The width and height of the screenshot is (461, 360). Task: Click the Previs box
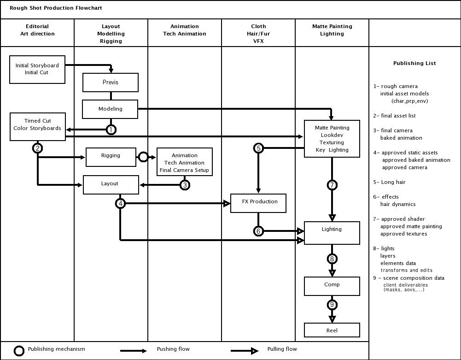pyautogui.click(x=111, y=83)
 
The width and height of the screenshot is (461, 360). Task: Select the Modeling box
pyautogui.click(x=111, y=109)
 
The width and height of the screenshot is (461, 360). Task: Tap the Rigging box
pyautogui.click(x=111, y=156)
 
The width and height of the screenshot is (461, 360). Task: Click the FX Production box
pyautogui.click(x=258, y=203)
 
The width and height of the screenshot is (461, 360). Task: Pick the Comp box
pyautogui.click(x=332, y=286)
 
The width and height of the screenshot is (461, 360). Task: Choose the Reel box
pyautogui.click(x=332, y=330)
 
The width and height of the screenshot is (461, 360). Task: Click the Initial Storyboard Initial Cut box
pyautogui.click(x=37, y=69)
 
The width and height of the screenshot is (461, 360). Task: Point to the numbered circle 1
pyautogui.click(x=111, y=130)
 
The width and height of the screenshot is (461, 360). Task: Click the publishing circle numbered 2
pyautogui.click(x=38, y=148)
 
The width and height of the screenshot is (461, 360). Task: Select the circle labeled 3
pyautogui.click(x=185, y=185)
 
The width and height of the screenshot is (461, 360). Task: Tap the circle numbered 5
pyautogui.click(x=258, y=148)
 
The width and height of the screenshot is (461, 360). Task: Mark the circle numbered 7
pyautogui.click(x=332, y=185)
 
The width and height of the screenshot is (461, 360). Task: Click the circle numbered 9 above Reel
pyautogui.click(x=332, y=305)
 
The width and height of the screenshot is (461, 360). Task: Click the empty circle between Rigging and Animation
pyautogui.click(x=143, y=157)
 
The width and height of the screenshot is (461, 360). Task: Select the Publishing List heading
pyautogui.click(x=414, y=63)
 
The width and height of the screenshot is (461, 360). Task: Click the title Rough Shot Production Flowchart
pyautogui.click(x=56, y=8)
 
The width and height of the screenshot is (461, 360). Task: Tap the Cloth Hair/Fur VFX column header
pyautogui.click(x=258, y=34)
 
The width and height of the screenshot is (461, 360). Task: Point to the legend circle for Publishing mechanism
pyautogui.click(x=19, y=351)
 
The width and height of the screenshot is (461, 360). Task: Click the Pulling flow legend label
pyautogui.click(x=282, y=349)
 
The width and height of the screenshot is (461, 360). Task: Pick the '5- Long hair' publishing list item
pyautogui.click(x=390, y=182)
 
